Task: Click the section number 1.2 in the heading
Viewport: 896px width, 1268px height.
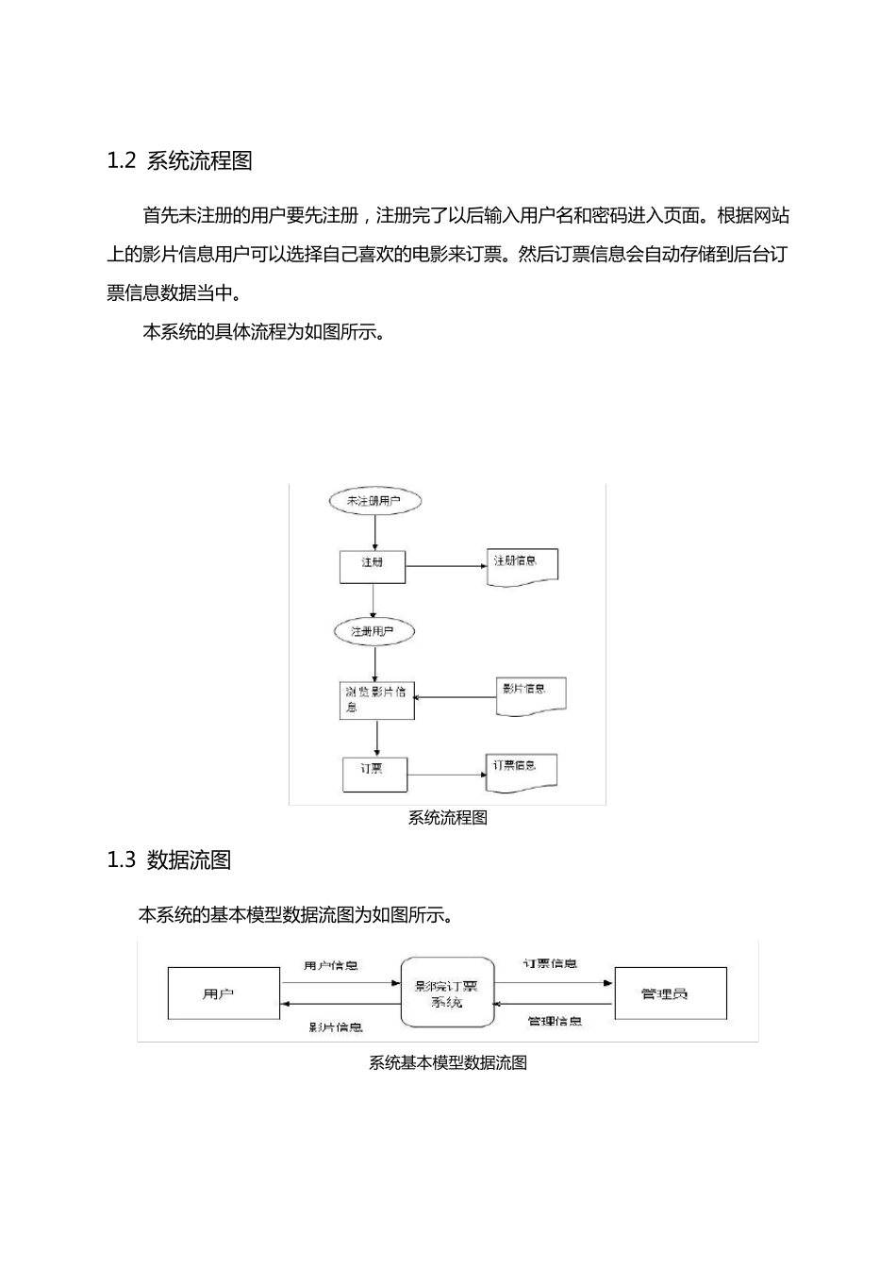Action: click(122, 161)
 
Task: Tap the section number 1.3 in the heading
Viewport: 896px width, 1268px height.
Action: click(122, 860)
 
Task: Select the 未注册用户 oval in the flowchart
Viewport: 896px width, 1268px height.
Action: click(374, 501)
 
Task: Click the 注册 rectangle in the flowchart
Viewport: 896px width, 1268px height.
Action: click(373, 566)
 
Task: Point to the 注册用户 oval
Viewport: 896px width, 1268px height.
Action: click(374, 631)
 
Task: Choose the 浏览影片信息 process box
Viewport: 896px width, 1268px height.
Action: click(376, 700)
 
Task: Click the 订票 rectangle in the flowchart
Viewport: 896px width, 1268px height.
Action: click(373, 774)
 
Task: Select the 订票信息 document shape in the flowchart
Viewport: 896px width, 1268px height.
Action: click(522, 770)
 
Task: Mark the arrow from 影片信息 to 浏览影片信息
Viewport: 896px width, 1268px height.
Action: click(456, 698)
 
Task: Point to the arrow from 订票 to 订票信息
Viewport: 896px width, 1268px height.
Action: click(445, 776)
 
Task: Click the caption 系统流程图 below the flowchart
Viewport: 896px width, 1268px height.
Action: click(447, 818)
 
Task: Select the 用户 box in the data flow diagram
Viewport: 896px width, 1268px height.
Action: click(224, 993)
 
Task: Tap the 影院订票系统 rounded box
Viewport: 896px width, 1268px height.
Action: click(446, 993)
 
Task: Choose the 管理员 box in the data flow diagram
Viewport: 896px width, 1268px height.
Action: click(670, 993)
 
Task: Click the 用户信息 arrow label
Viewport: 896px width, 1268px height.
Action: click(331, 966)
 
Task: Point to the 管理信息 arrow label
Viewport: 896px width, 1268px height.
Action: click(555, 1021)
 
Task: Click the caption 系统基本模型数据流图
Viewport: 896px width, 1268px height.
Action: click(447, 1063)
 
